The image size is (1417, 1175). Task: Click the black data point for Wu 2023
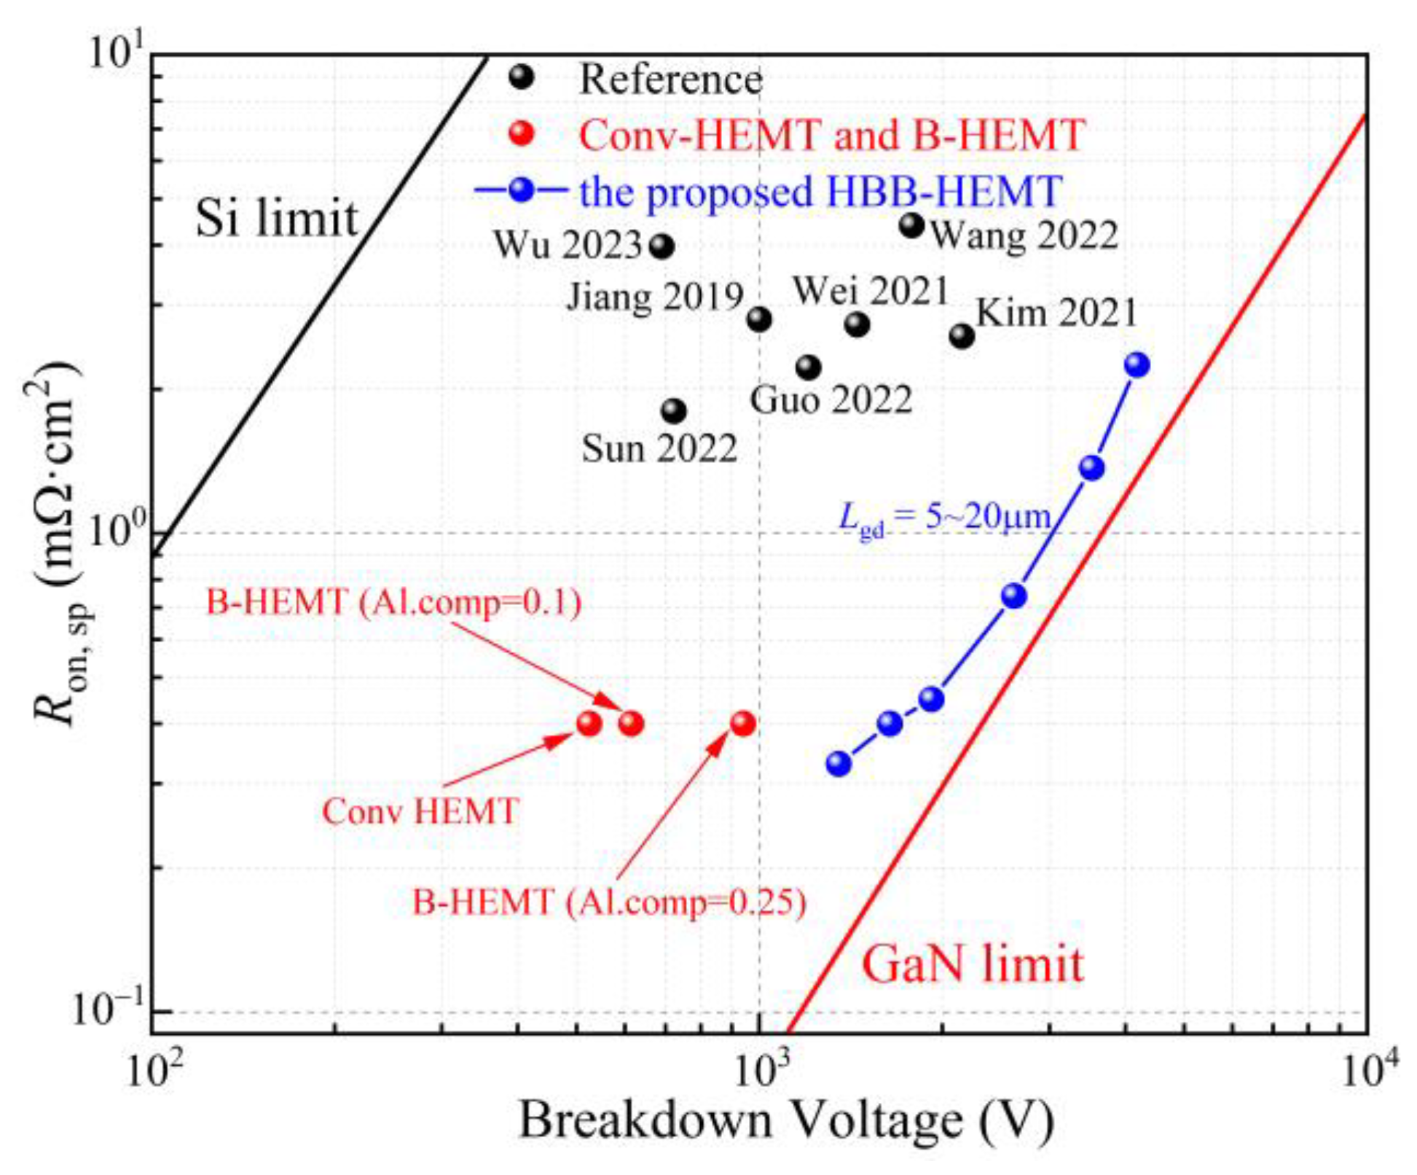coord(662,246)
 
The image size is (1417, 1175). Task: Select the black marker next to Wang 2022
coord(911,225)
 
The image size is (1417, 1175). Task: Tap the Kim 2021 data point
coord(962,336)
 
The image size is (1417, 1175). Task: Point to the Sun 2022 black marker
coord(674,411)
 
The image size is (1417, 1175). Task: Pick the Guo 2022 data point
coord(808,367)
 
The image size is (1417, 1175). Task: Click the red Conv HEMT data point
coord(589,723)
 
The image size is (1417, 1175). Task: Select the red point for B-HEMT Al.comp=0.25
coord(742,723)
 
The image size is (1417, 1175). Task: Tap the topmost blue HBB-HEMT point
coord(1137,364)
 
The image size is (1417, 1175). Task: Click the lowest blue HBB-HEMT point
coord(839,763)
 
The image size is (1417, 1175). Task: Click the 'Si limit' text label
coord(277,218)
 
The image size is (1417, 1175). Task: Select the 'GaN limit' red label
coord(973,964)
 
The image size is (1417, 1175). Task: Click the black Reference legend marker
coord(521,77)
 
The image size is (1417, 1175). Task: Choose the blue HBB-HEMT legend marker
coord(521,191)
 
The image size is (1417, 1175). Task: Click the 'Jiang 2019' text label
coord(655,297)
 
